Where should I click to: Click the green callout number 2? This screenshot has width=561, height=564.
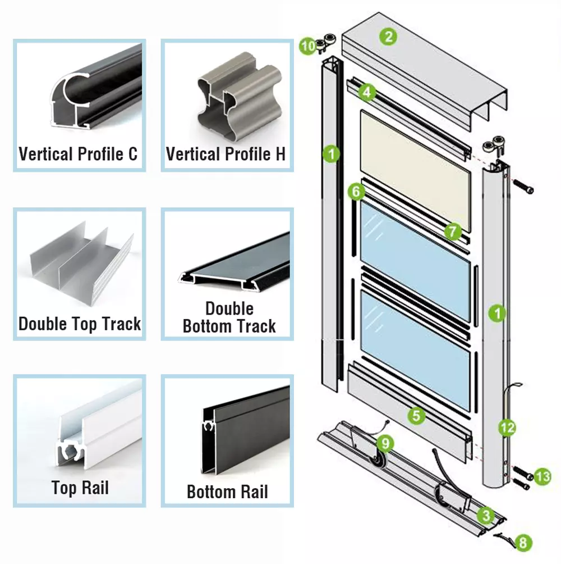click(388, 37)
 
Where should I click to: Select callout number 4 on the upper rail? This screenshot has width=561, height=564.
click(367, 92)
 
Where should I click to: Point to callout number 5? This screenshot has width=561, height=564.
click(416, 416)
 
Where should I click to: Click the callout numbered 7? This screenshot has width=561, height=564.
click(453, 230)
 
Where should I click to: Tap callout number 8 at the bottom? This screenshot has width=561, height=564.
click(523, 543)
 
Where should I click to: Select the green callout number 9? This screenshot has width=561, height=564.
click(385, 443)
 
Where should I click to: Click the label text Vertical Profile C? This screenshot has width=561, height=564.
click(78, 154)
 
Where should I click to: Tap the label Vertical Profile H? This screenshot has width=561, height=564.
click(226, 154)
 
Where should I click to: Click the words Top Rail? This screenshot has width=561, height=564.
click(80, 487)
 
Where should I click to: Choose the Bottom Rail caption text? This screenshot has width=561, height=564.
click(227, 492)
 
